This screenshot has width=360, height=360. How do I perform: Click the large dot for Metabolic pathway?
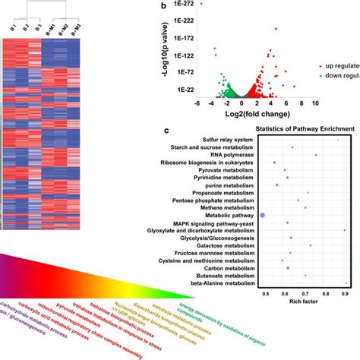(x=263, y=216)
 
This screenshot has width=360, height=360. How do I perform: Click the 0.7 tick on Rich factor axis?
(x=305, y=292)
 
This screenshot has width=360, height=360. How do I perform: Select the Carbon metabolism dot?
(x=288, y=268)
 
